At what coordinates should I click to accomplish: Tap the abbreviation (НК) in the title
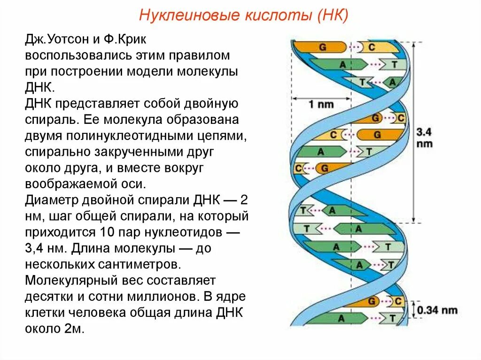pos(332,16)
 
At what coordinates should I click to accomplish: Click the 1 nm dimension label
pos(320,104)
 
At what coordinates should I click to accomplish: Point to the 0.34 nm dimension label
pos(437,310)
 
